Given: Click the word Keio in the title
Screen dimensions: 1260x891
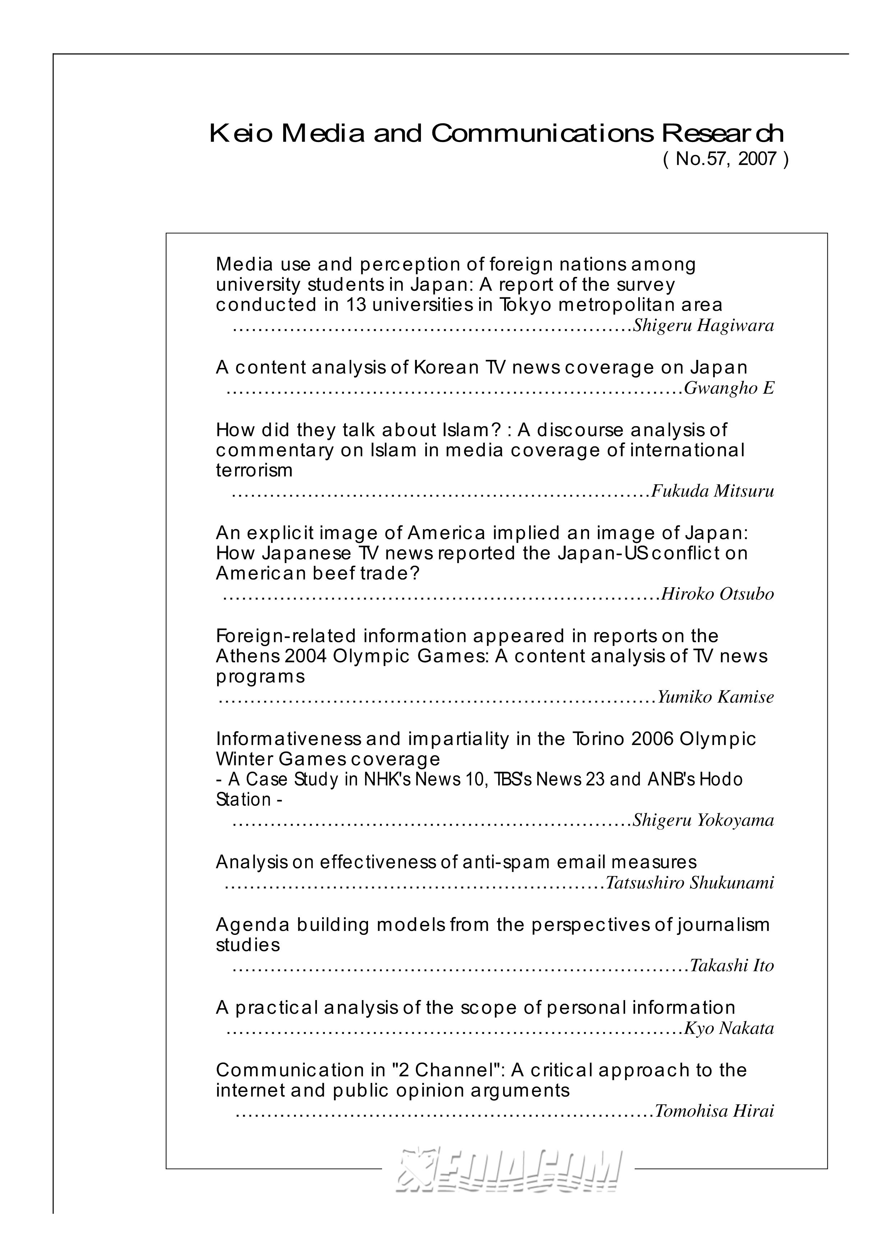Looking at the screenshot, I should (x=240, y=133).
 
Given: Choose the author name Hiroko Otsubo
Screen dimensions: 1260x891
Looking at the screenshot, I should (x=717, y=594).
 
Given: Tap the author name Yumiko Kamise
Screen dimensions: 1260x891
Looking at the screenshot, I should (x=716, y=697).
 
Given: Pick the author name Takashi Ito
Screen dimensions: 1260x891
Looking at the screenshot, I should (x=731, y=965).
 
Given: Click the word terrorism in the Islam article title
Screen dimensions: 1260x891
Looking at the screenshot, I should (x=254, y=470).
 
